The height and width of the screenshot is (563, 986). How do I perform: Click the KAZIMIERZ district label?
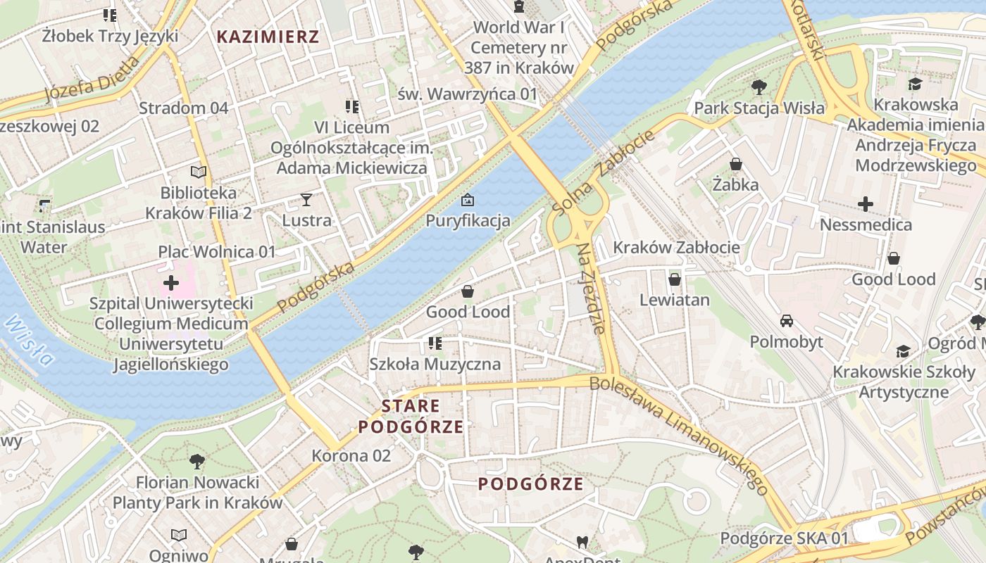tap(268, 37)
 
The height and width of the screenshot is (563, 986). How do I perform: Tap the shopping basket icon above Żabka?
tap(736, 164)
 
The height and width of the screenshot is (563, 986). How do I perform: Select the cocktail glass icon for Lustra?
tap(306, 200)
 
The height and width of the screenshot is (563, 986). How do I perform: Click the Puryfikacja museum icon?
tap(467, 201)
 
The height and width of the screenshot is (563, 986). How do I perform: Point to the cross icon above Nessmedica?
tap(866, 205)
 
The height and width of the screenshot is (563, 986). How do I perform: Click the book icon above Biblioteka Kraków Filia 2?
tap(199, 172)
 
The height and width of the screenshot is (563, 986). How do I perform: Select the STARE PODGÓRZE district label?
tap(411, 416)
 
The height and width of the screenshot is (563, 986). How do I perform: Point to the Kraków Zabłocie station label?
tap(676, 247)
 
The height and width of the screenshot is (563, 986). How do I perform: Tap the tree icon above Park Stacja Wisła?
tap(759, 87)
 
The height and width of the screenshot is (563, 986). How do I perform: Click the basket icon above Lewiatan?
tap(674, 279)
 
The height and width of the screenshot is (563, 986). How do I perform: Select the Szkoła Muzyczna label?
tap(435, 364)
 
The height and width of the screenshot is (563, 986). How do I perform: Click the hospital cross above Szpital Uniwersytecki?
tap(170, 283)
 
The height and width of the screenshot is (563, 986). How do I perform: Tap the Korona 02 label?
tap(351, 455)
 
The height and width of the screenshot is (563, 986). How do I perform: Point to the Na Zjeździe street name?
tap(591, 289)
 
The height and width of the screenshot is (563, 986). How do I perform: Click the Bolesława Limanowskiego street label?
tap(678, 433)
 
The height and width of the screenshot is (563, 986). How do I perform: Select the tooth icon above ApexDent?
tap(582, 542)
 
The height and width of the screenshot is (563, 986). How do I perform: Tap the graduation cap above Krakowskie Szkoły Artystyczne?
tap(903, 351)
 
